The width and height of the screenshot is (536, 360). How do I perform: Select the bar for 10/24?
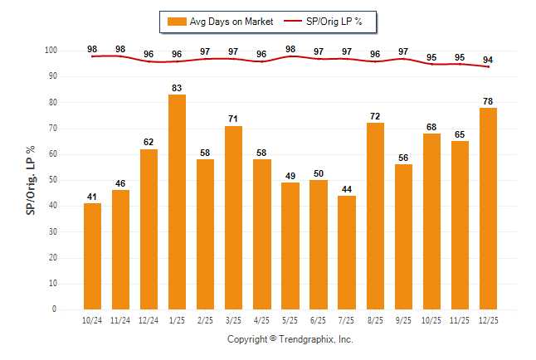click(x=92, y=256)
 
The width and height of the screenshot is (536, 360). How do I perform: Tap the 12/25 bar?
click(x=488, y=208)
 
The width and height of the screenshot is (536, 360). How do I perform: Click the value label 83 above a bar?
click(x=177, y=87)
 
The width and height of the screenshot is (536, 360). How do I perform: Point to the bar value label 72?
click(x=375, y=115)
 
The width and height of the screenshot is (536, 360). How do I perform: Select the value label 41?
click(x=92, y=196)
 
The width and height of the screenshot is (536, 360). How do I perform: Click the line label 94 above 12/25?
click(x=488, y=60)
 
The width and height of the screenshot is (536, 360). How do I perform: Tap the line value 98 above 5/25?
click(x=290, y=49)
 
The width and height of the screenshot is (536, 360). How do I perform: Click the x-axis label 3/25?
click(x=234, y=319)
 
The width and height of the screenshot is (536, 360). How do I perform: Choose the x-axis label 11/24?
click(x=120, y=319)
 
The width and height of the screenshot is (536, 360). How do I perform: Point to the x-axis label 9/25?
click(x=403, y=319)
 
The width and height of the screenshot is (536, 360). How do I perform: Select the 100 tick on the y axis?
click(x=51, y=51)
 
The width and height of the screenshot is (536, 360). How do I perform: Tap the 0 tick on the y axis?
click(x=54, y=309)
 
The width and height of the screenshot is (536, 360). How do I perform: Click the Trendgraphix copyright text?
click(x=290, y=339)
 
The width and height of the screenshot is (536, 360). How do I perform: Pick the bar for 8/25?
click(x=375, y=216)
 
